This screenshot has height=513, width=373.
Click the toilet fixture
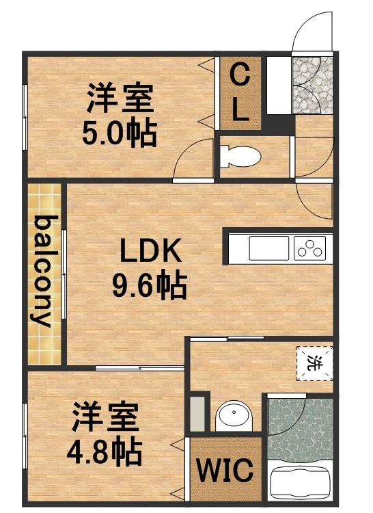(x=240, y=157)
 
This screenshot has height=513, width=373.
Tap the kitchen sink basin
(x=268, y=248)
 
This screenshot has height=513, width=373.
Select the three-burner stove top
(x=309, y=248)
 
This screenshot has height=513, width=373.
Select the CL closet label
(x=240, y=92)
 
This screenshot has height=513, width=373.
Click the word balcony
(x=44, y=272)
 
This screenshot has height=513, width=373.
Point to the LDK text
(x=150, y=250)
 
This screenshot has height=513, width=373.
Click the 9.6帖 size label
(x=150, y=285)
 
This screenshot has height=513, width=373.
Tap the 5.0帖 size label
(x=120, y=133)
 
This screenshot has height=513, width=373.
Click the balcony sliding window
(x=64, y=274)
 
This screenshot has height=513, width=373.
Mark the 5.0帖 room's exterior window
(x=25, y=117)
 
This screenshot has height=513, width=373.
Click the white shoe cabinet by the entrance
(x=279, y=85)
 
